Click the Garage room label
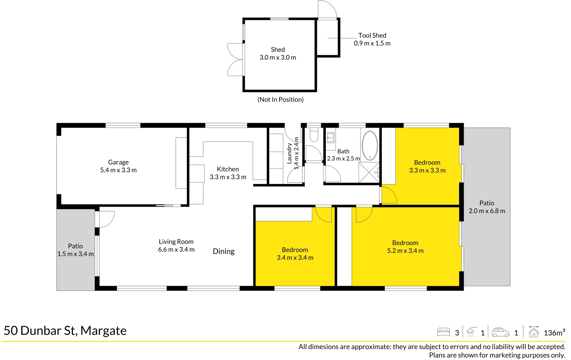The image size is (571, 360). (x=118, y=162)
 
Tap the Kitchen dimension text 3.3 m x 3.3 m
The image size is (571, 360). (x=228, y=177)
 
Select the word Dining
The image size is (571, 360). (x=224, y=251)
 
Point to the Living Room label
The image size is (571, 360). (x=176, y=242)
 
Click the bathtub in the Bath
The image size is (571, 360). (x=370, y=146)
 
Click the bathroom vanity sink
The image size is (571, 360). (x=330, y=137)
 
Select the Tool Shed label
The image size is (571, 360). (x=372, y=35)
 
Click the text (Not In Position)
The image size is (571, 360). (x=281, y=99)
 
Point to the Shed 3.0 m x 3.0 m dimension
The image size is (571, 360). (x=278, y=57)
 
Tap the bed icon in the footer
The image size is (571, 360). (x=443, y=332)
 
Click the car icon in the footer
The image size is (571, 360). (x=500, y=332)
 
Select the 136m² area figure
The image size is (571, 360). (x=554, y=332)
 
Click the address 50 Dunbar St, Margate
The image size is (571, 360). (x=65, y=331)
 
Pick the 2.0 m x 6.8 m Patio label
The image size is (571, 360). (x=487, y=211)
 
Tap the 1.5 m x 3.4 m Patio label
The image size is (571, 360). (x=75, y=254)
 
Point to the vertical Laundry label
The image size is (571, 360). (x=289, y=153)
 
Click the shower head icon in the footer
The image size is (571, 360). (x=470, y=332)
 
